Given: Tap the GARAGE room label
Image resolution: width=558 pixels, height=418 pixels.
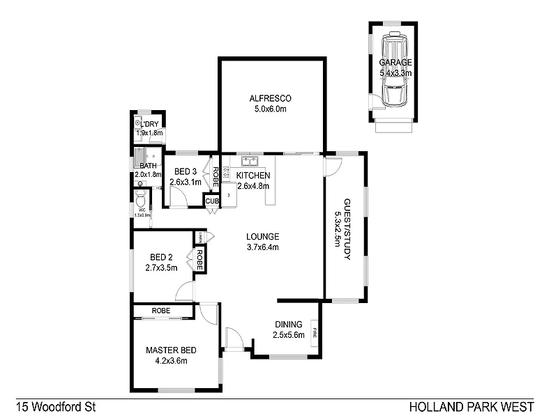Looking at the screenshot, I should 395,62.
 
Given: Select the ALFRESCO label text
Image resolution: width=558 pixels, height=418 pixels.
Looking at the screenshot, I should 271,98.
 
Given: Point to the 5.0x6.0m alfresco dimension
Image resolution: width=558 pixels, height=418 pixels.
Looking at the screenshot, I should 271,109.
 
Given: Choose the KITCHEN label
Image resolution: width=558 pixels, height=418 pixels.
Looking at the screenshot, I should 253,176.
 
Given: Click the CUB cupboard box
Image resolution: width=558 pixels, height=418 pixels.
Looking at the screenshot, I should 211,201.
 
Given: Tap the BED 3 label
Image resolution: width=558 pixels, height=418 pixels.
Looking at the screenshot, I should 186,172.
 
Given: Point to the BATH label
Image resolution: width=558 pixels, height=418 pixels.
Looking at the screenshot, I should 148,166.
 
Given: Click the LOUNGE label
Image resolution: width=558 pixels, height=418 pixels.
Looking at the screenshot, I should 262,236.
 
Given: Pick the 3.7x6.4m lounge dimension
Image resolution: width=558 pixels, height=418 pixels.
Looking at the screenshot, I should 262,247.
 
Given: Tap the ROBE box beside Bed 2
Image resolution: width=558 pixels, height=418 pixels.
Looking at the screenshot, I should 199,259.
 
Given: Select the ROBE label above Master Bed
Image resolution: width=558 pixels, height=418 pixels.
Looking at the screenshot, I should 163,311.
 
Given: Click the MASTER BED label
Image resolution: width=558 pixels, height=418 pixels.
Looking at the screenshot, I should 170,350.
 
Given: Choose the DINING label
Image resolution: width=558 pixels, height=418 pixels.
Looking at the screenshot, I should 288,325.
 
